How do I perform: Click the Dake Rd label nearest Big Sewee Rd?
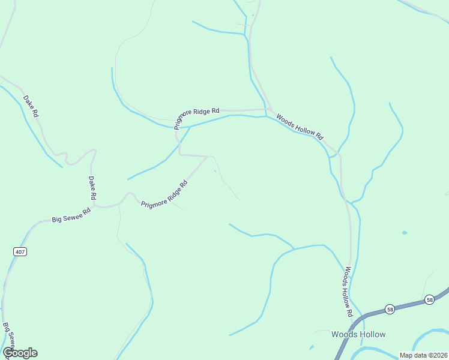coord(92,188)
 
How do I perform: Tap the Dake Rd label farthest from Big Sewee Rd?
coord(31,106)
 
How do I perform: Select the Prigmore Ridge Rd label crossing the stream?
coord(197,118)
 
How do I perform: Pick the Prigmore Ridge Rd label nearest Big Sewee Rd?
coord(164,196)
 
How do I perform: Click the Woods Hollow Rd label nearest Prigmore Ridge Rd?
coord(300,127)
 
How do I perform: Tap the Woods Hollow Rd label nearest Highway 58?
coord(346,292)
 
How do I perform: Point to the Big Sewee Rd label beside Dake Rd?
coord(71,214)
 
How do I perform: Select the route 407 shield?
coord(20,252)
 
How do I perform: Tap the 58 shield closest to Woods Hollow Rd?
coord(390,308)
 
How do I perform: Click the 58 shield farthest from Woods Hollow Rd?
coord(429,299)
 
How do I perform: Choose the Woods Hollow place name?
coord(358,334)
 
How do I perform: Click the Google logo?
coord(20,353)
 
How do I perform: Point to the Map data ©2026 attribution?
coord(423,355)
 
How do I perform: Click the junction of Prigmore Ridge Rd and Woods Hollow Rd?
coord(266,110)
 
